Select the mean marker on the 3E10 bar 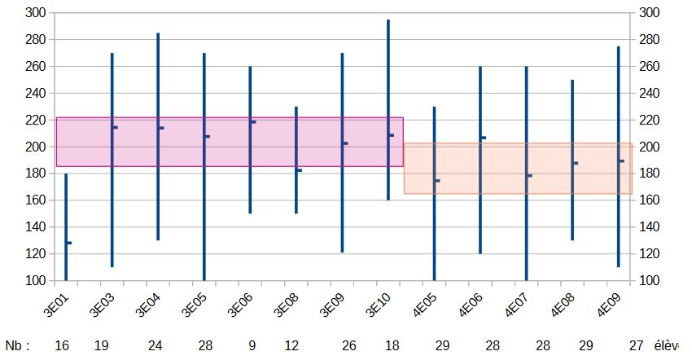(391, 135)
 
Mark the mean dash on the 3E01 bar (69, 243)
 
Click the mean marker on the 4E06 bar (483, 138)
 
